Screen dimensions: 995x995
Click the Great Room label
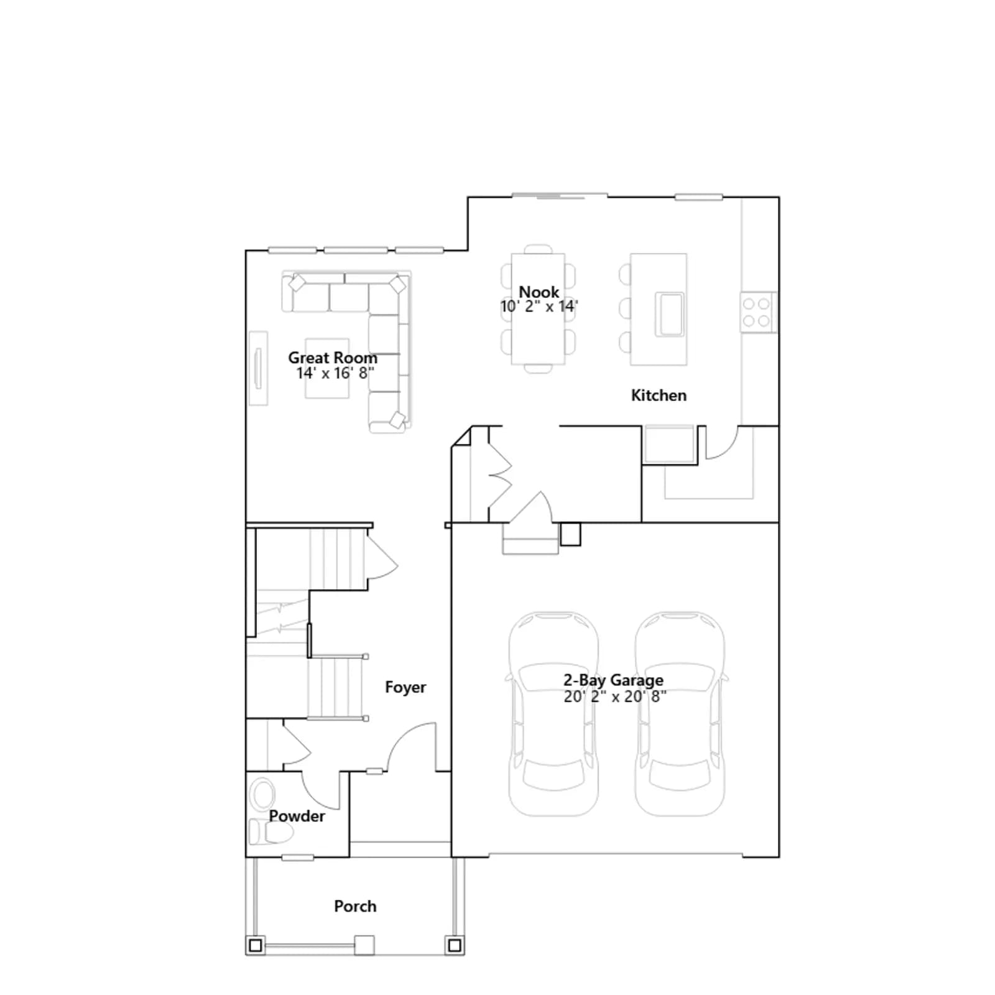(x=333, y=358)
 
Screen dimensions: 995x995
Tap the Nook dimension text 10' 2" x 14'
(x=539, y=306)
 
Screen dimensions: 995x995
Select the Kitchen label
(x=659, y=396)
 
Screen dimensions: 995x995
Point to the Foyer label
(x=405, y=687)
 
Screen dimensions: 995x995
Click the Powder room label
(x=297, y=816)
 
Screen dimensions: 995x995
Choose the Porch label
(x=355, y=906)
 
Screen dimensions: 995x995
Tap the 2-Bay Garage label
(x=613, y=680)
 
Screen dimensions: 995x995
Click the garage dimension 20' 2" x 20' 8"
(x=615, y=696)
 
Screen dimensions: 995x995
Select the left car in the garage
(x=553, y=714)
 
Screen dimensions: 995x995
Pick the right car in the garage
(x=680, y=714)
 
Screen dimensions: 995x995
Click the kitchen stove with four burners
(x=757, y=312)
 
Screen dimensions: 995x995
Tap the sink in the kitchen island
(x=670, y=315)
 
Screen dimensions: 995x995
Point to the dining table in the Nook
(x=538, y=309)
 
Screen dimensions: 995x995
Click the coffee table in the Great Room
(x=327, y=369)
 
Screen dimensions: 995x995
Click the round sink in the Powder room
(x=262, y=795)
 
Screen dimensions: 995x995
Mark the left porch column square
(x=255, y=946)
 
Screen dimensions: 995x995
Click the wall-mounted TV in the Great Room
(x=258, y=368)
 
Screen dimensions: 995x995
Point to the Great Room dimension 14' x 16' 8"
(x=335, y=373)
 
